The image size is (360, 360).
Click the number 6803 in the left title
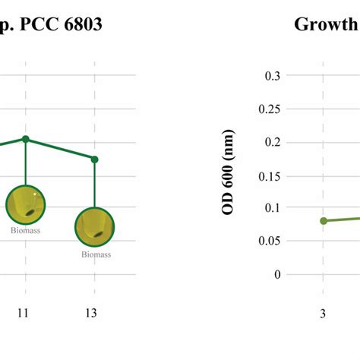coord(80,24)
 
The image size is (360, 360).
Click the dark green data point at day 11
coord(26,139)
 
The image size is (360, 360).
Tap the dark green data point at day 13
coord(95,159)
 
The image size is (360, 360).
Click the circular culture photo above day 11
coord(26,203)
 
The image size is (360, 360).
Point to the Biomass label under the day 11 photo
coord(26,229)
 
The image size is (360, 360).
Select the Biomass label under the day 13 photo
coord(96,254)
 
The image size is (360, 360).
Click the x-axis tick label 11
coord(26,313)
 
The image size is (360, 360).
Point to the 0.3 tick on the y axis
coord(272,75)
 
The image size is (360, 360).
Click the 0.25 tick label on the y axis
coord(269,109)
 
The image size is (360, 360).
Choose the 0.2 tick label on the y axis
coord(272,142)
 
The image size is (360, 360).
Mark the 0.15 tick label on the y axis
coord(269,175)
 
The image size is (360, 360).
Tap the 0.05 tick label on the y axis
coord(269,242)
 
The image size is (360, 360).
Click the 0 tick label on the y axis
coord(277,274)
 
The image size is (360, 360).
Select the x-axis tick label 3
coord(324,313)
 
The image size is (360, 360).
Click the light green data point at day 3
coord(324,220)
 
